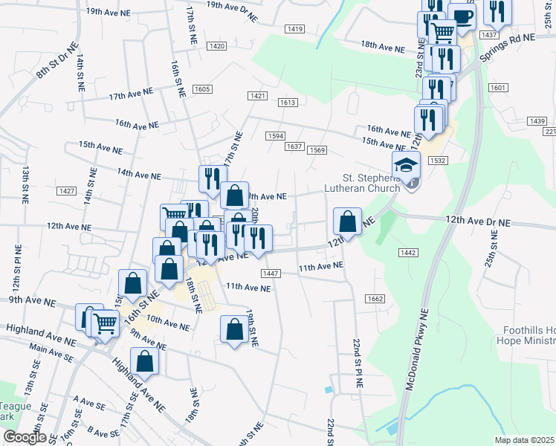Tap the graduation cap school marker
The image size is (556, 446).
click(x=407, y=166)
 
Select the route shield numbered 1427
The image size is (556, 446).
click(x=66, y=191)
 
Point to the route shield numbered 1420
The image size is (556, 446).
click(x=217, y=46)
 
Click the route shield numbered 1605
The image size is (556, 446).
click(x=201, y=89)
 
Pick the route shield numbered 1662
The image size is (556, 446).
click(x=375, y=299)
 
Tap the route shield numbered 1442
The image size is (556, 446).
click(x=407, y=253)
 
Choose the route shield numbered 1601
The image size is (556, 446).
click(x=498, y=88)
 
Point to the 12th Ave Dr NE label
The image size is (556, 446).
click(x=479, y=222)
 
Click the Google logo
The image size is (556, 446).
click(x=25, y=438)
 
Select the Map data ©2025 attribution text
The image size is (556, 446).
click(x=524, y=440)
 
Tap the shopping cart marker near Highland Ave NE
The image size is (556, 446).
click(x=105, y=323)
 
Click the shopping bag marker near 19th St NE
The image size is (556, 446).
click(x=235, y=329)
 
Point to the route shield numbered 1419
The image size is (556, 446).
click(x=294, y=29)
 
